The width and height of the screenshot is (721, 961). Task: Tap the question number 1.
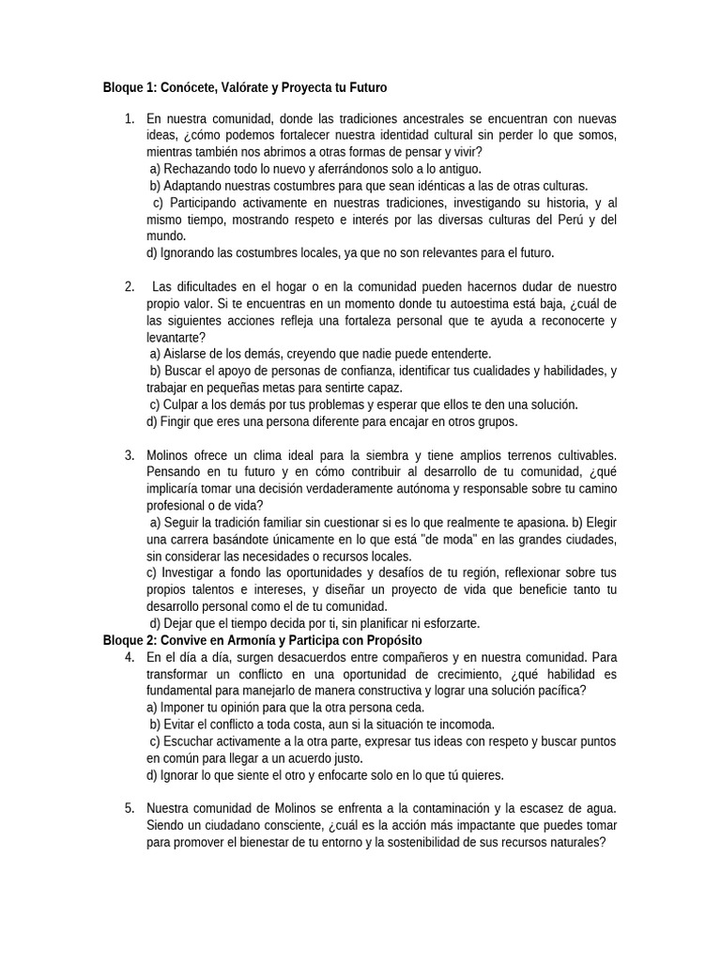(x=128, y=119)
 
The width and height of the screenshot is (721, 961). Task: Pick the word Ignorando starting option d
(x=188, y=252)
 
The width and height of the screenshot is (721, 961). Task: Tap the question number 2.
(x=128, y=286)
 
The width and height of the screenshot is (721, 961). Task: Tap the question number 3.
(x=128, y=455)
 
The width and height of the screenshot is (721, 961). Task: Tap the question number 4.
(x=128, y=657)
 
